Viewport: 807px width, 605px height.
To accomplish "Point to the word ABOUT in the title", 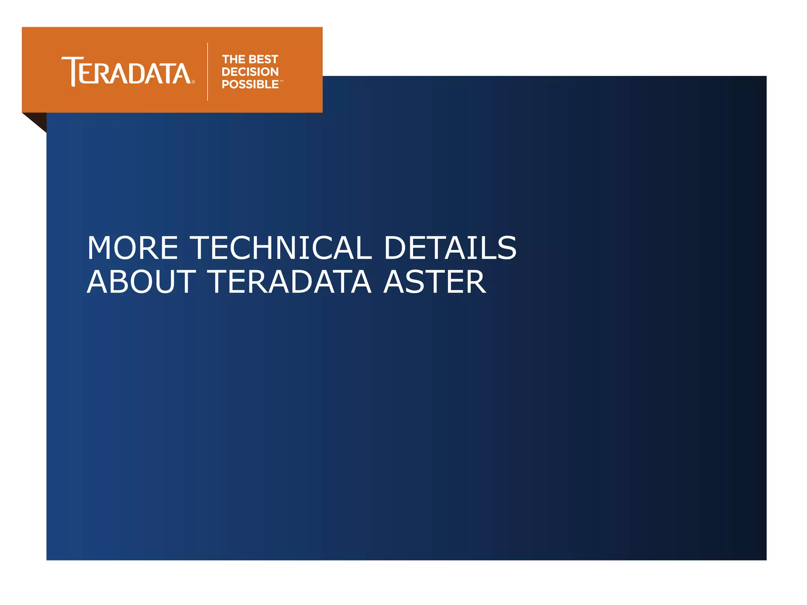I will coord(141,282).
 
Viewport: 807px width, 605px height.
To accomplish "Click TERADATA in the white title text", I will coord(289,282).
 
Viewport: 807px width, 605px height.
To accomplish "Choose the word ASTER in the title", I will coord(435,282).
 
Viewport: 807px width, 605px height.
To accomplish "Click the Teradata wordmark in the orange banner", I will coord(126,72).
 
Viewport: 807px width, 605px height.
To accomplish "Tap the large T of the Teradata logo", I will coord(72,71).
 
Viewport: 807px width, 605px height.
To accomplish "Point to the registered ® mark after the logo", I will coord(193,82).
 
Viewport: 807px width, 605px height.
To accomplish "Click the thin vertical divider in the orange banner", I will coord(208,72).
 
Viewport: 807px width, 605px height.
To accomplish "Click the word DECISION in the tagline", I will coord(250,72).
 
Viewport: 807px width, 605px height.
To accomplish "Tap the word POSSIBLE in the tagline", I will coord(250,84).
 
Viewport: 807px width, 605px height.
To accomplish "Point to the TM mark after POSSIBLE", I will coord(281,81).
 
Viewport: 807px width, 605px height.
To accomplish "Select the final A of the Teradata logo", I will coord(181,74).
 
